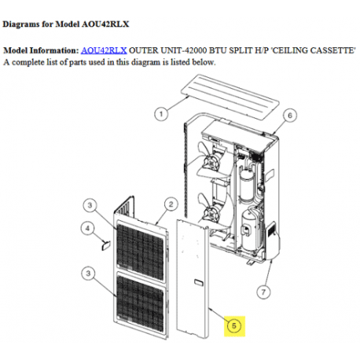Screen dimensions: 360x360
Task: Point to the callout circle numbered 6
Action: [288, 116]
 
